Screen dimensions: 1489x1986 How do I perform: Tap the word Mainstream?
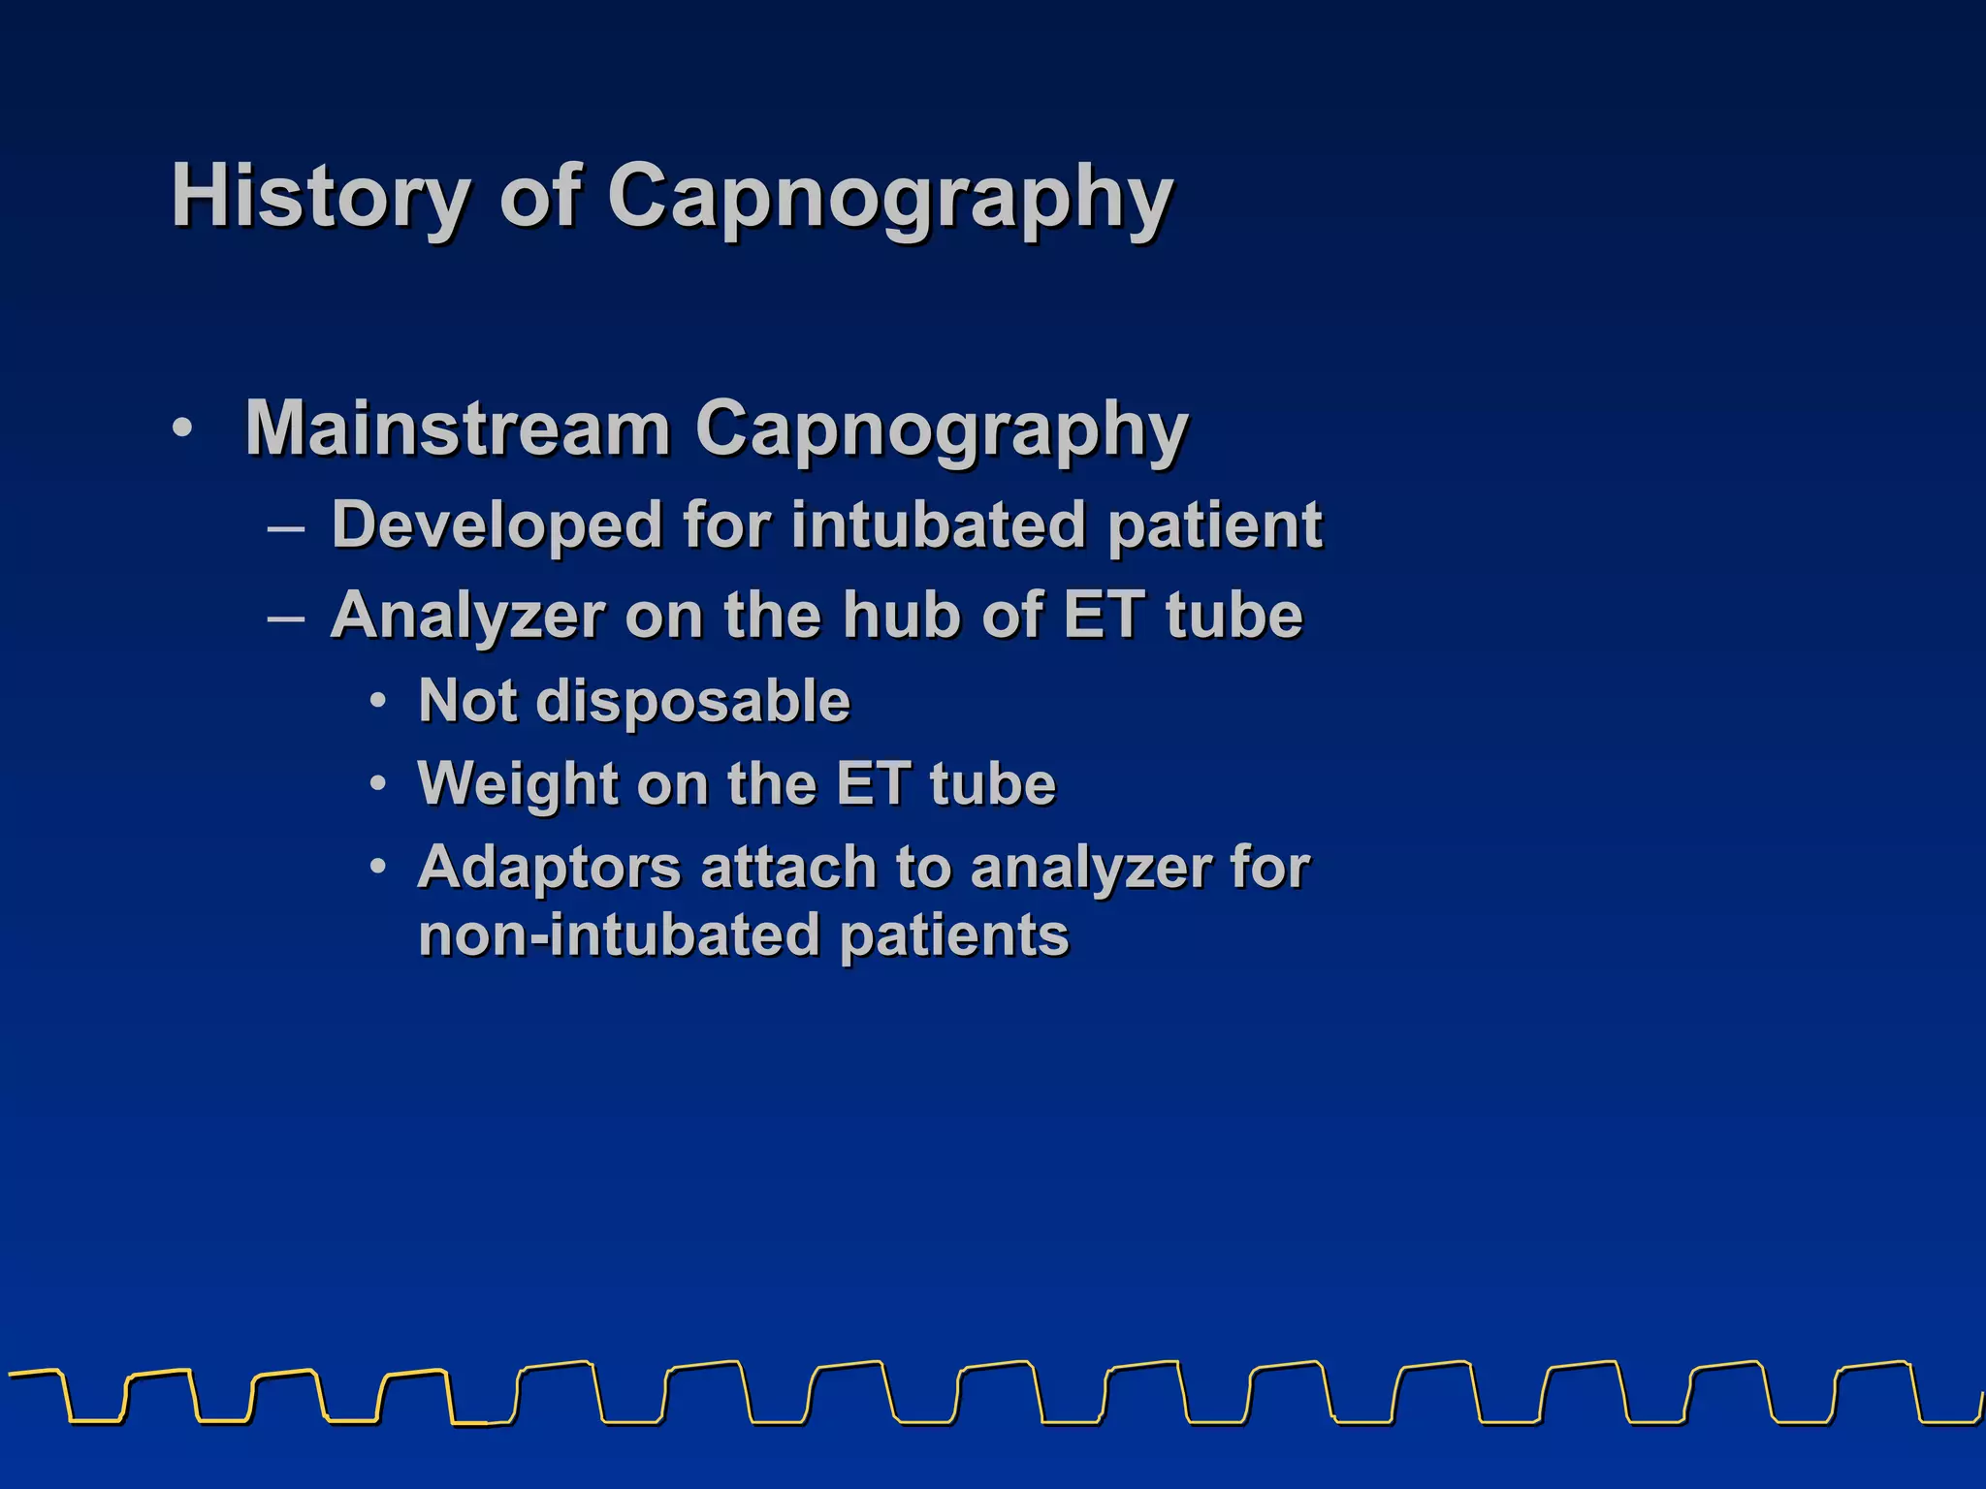pyautogui.click(x=458, y=428)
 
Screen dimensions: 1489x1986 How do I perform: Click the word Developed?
pyautogui.click(x=496, y=525)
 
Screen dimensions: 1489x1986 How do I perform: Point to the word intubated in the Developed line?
pyautogui.click(x=937, y=525)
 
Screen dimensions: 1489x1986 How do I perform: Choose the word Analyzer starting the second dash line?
pyautogui.click(x=468, y=616)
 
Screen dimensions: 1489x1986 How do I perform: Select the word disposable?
pyautogui.click(x=692, y=701)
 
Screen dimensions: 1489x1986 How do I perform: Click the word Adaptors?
pyautogui.click(x=550, y=867)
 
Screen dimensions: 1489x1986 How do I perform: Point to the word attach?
pyautogui.click(x=787, y=867)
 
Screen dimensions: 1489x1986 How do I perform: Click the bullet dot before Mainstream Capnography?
pyautogui.click(x=182, y=428)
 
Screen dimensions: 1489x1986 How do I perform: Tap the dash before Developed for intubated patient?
pyautogui.click(x=287, y=529)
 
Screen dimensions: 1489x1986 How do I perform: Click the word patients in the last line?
pyautogui.click(x=954, y=936)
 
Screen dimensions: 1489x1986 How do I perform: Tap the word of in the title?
pyautogui.click(x=539, y=197)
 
